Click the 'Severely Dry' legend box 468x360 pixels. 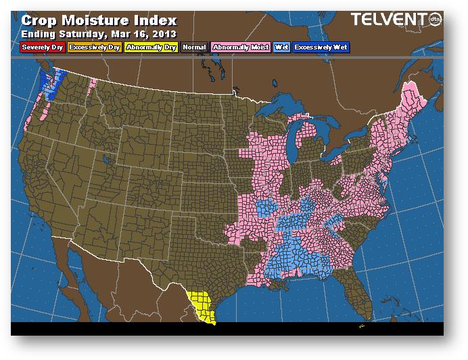42,47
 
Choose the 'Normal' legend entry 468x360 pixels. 194,47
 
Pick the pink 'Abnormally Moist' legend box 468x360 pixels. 240,47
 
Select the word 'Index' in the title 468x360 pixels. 156,20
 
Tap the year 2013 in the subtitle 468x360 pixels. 164,34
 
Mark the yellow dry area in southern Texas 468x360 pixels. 201,304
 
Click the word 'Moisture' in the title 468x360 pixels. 98,20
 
